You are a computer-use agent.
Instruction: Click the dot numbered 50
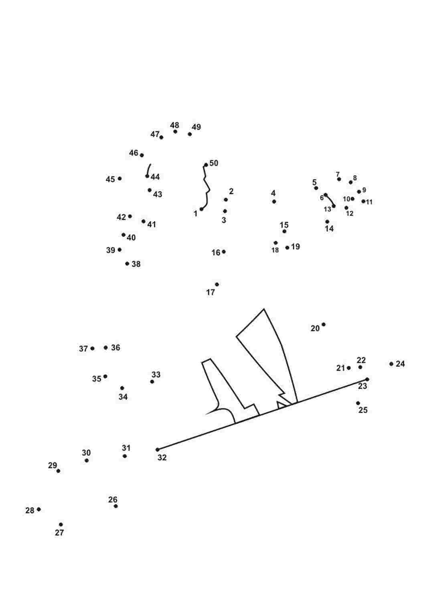(x=206, y=165)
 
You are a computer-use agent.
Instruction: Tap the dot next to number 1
(x=201, y=209)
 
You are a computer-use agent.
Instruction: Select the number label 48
(x=175, y=125)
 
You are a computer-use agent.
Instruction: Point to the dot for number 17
(x=217, y=284)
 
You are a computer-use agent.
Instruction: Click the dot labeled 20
(x=324, y=324)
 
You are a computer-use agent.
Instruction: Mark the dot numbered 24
(x=391, y=364)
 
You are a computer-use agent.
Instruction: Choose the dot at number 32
(x=157, y=450)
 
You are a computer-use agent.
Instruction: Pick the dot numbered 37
(x=92, y=348)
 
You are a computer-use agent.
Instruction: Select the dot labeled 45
(x=119, y=179)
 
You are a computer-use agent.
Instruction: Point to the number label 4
(x=273, y=193)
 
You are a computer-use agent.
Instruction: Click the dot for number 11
(x=363, y=202)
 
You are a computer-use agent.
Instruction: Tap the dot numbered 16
(x=224, y=252)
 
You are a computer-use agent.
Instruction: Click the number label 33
(x=156, y=375)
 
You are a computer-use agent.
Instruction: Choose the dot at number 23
(x=367, y=379)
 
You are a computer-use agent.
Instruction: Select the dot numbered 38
(x=127, y=264)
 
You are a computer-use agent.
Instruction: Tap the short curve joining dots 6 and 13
(x=330, y=200)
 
